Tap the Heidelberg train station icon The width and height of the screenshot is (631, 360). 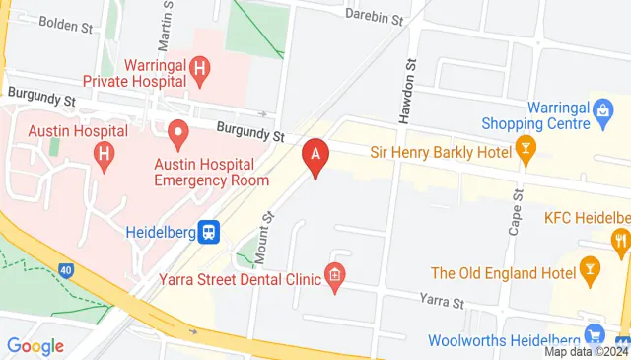pos(209,232)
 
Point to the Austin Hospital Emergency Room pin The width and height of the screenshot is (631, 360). pos(178,130)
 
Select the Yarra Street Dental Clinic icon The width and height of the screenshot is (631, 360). pos(335,278)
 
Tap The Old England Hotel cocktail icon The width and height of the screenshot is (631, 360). pos(591,267)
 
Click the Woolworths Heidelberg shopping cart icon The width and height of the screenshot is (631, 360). pos(593,335)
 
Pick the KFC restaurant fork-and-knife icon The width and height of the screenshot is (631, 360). pos(620,239)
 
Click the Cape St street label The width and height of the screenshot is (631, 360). pos(515,211)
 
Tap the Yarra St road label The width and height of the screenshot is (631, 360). pos(441,297)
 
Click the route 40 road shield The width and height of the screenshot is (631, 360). pos(66,269)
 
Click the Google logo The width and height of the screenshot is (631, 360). pos(35,346)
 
